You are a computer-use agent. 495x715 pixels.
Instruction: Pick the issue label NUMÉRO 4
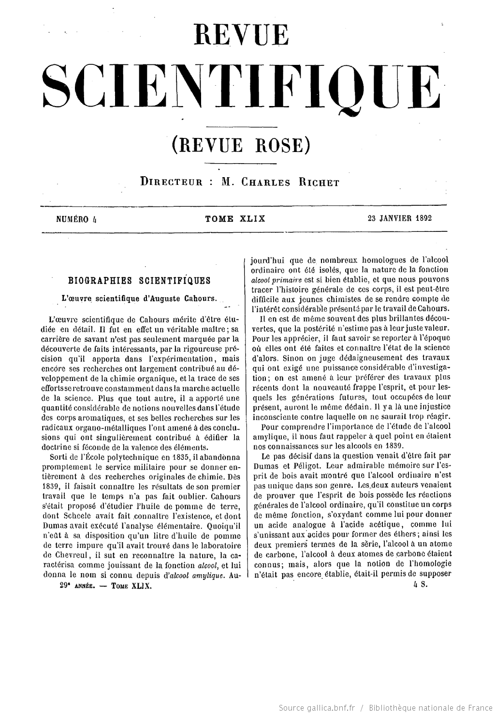pyautogui.click(x=76, y=218)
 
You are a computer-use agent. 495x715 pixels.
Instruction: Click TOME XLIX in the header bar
pyautogui.click(x=235, y=218)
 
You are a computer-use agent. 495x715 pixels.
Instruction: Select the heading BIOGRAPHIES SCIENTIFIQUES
pyautogui.click(x=139, y=281)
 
